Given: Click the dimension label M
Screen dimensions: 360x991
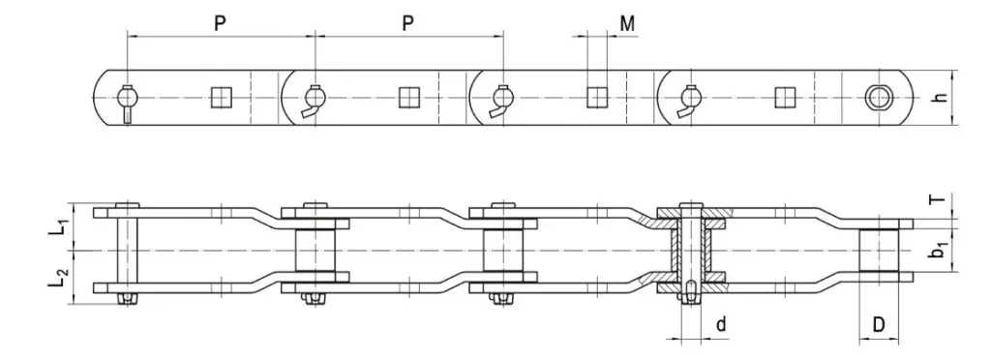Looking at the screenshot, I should pyautogui.click(x=628, y=23).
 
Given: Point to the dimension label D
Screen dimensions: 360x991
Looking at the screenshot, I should pyautogui.click(x=879, y=325).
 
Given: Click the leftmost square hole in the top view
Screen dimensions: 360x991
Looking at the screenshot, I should pyautogui.click(x=221, y=98).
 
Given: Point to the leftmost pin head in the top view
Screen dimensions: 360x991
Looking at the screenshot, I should pyautogui.click(x=128, y=97).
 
